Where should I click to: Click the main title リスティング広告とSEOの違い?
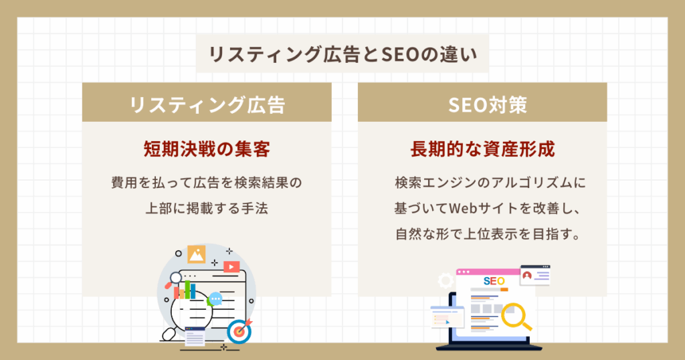pyautogui.click(x=342, y=54)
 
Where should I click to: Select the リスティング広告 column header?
pyautogui.click(x=207, y=105)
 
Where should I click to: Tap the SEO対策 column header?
pyautogui.click(x=482, y=105)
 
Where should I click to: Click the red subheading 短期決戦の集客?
pyautogui.click(x=207, y=149)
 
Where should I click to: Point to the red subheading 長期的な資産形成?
pyautogui.click(x=482, y=149)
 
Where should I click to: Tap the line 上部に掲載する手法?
pyautogui.click(x=207, y=208)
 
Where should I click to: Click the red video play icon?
pyautogui.click(x=231, y=266)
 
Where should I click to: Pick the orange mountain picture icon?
pyautogui.click(x=197, y=254)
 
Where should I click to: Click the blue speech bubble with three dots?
pyautogui.click(x=215, y=298)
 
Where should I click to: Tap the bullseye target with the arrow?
pyautogui.click(x=239, y=331)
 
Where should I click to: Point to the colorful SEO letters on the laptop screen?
pyautogui.click(x=493, y=281)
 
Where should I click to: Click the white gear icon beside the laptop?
pyautogui.click(x=446, y=281)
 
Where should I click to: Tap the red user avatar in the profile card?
pyautogui.click(x=527, y=275)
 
